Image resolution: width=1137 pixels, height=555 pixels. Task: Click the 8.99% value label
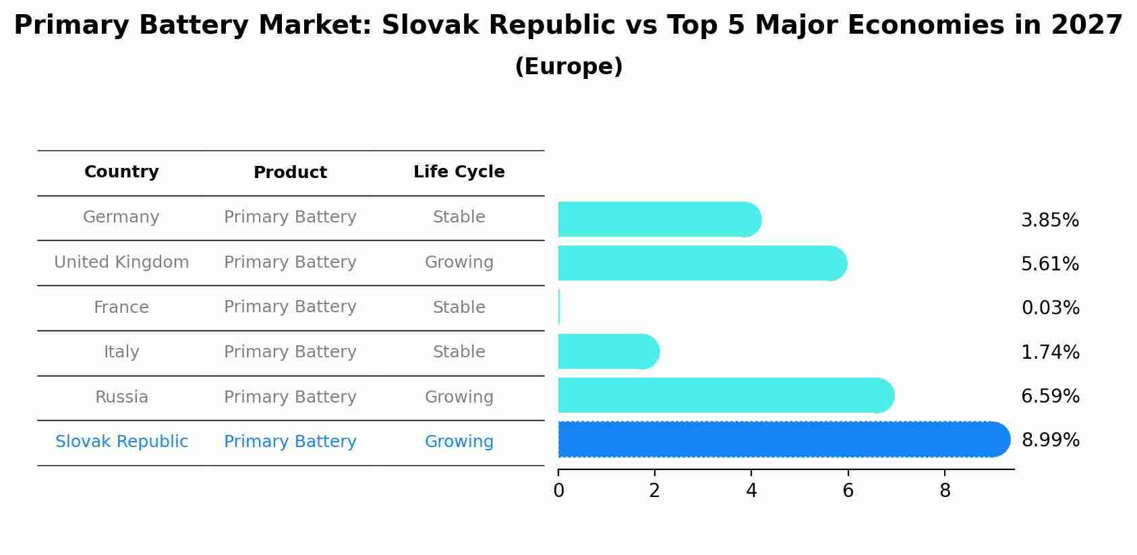pos(1050,440)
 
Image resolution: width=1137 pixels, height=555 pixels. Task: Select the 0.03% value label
pos(1050,308)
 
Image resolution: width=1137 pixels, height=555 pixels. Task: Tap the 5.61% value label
pos(1050,264)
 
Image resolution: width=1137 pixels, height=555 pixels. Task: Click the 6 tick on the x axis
pos(848,491)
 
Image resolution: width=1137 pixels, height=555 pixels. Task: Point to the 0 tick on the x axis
pos(558,491)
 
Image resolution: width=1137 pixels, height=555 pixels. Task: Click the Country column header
pos(121,172)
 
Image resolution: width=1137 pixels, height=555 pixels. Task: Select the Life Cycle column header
pos(459,172)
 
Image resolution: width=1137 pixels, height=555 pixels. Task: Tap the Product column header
pos(290,173)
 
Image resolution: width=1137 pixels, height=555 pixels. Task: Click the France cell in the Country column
pos(121,308)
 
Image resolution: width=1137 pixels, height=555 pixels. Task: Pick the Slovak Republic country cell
pos(121,442)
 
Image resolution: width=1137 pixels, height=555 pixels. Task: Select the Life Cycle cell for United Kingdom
pos(459,262)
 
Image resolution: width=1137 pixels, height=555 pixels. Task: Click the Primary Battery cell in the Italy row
pos(290,352)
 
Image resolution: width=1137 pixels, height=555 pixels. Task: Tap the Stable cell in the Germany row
pos(459,217)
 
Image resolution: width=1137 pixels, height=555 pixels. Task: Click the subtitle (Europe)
pos(568,67)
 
